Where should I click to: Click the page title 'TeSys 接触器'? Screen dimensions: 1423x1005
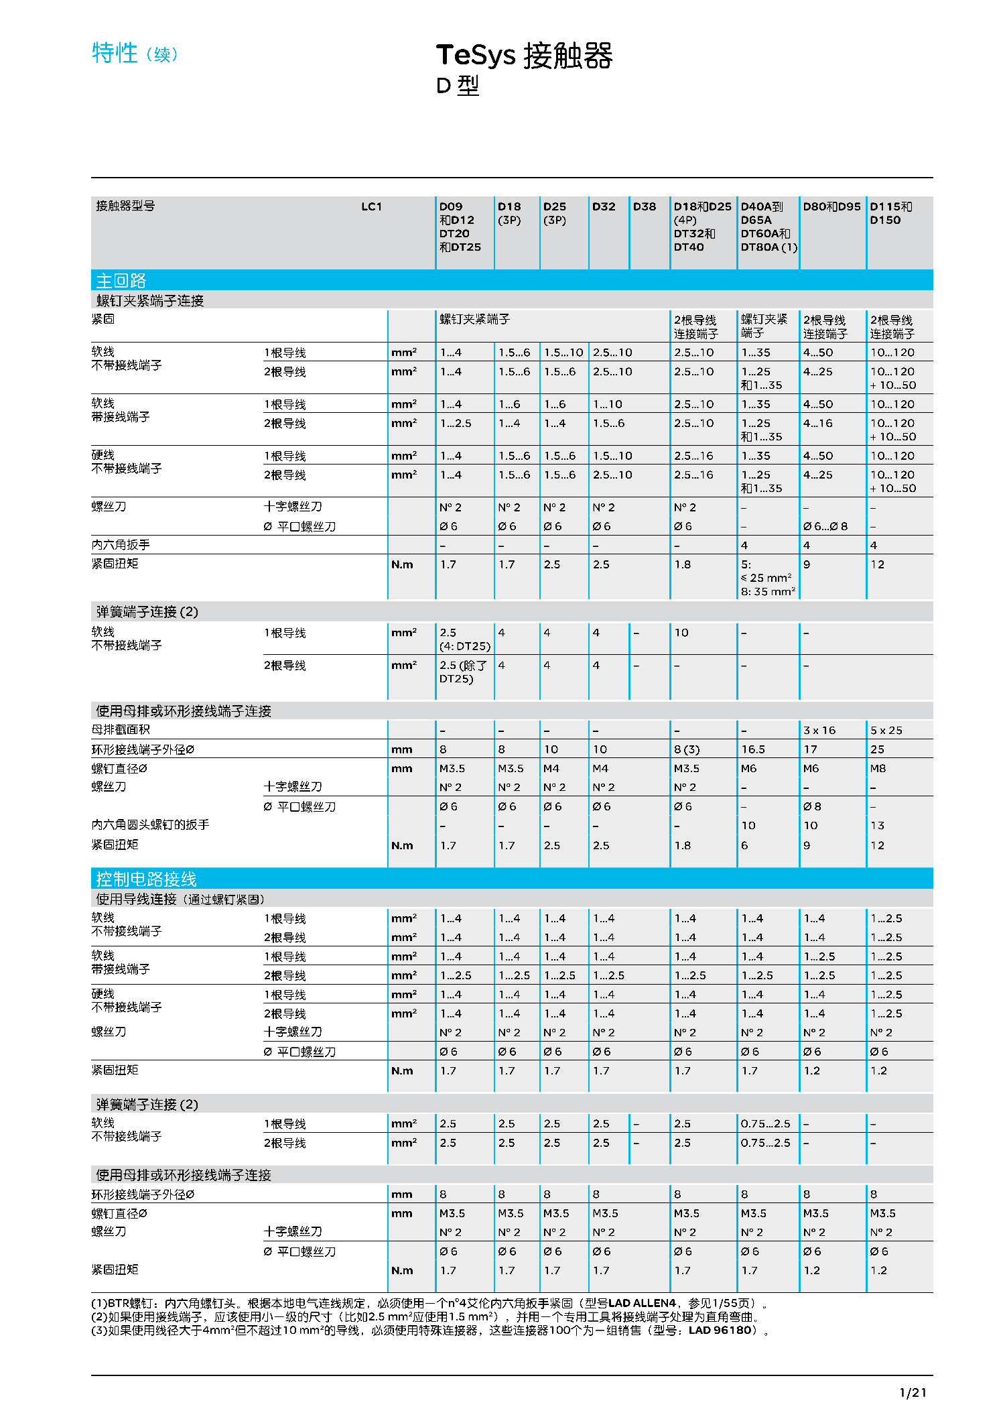coord(524,56)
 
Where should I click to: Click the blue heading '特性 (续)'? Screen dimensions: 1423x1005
coord(135,53)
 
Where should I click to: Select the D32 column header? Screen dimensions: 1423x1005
coord(603,207)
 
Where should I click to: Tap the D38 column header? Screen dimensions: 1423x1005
coord(645,207)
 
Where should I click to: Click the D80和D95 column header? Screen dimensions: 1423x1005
coord(831,207)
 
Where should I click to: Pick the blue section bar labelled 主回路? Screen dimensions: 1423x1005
coord(121,280)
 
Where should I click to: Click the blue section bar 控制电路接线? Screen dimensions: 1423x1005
coord(146,879)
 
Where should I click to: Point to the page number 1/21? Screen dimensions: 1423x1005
coord(913,1393)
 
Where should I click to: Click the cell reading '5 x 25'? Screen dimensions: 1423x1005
coord(886,731)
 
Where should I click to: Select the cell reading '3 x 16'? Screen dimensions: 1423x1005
coord(819,731)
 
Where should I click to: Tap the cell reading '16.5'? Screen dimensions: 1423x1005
coord(753,749)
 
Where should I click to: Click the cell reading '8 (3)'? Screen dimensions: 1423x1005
coord(686,749)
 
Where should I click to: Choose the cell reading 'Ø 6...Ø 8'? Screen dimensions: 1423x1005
coord(825,527)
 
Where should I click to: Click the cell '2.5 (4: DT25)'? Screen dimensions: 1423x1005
coord(464,639)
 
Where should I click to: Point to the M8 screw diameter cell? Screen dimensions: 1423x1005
coord(878,769)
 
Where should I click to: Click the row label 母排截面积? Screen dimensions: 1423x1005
coord(121,730)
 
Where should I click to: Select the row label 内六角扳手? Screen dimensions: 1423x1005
coord(121,545)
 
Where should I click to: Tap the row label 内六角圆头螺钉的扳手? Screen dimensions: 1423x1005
coord(150,824)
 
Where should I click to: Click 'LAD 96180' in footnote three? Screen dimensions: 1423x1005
coord(720,1331)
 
